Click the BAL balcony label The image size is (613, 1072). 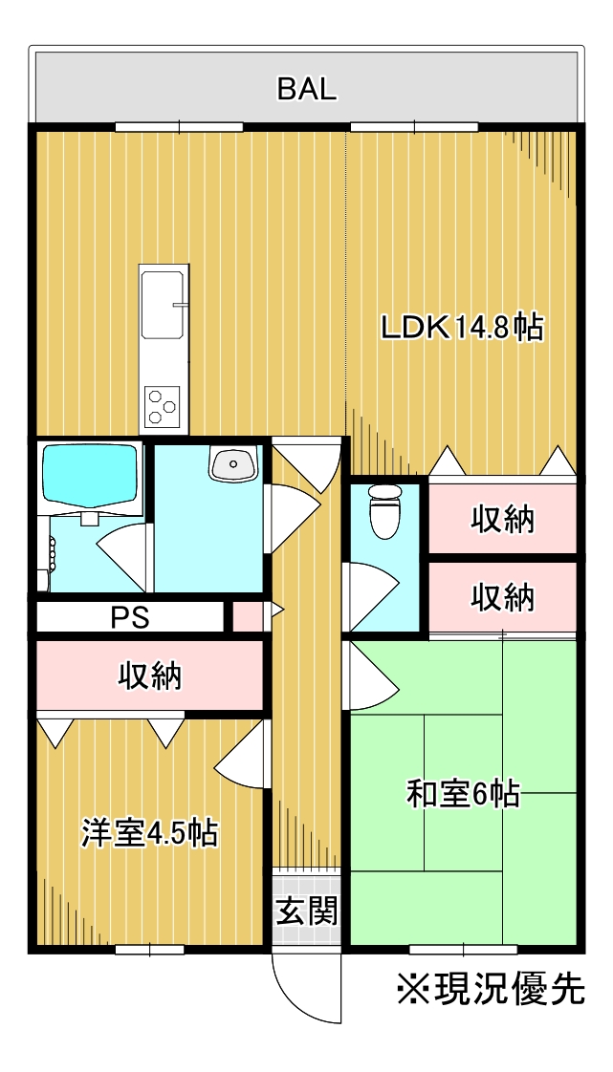click(306, 90)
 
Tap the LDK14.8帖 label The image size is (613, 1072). click(462, 328)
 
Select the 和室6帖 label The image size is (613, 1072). click(463, 795)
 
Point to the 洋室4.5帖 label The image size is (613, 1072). click(150, 833)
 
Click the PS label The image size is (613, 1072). click(131, 618)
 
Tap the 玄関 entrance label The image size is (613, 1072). click(306, 910)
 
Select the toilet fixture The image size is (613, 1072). click(383, 511)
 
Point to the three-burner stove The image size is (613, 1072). click(163, 405)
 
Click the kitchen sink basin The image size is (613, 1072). click(163, 304)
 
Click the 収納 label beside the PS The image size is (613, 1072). click(150, 676)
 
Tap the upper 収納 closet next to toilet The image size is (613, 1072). click(501, 521)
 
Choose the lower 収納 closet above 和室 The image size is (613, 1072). click(501, 598)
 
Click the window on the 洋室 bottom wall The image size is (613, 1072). click(150, 949)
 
